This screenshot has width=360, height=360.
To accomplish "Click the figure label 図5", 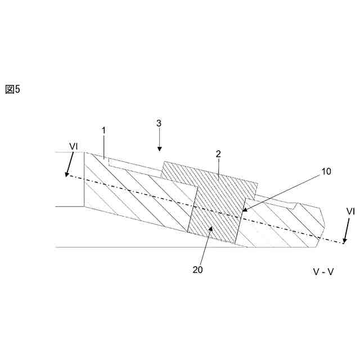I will click(12, 89).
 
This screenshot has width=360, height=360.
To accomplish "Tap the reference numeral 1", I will click(103, 130).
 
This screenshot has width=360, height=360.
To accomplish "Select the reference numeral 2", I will click(218, 154).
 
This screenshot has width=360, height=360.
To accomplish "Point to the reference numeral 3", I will click(159, 122).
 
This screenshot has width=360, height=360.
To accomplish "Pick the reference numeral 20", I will click(197, 269).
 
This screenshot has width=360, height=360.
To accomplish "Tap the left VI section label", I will click(74, 146).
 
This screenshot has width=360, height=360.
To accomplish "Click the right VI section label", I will click(350, 211).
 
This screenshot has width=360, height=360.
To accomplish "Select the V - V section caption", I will click(323, 272).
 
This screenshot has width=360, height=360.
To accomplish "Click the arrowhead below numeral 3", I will click(159, 148).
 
